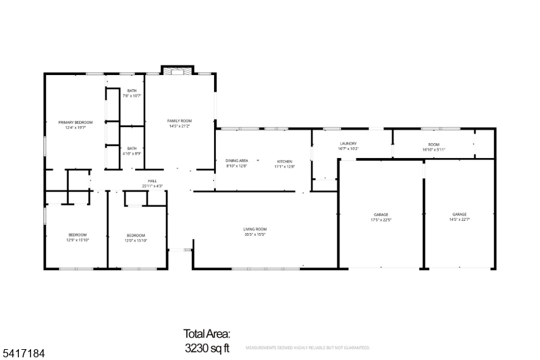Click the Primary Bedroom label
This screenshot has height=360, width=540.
tap(78, 122)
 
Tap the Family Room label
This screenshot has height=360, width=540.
tap(180, 120)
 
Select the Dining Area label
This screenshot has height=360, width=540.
tap(236, 161)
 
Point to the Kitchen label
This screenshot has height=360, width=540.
tap(285, 161)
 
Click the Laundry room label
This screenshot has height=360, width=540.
tap(348, 144)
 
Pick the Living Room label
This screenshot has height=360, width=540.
tap(255, 229)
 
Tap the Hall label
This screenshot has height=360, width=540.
tap(153, 181)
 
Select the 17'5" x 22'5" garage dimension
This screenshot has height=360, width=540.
tap(381, 220)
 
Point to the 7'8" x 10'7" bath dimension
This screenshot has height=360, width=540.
tap(132, 96)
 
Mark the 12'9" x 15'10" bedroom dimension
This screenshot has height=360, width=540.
tap(78, 240)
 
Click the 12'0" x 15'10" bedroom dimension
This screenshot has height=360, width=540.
tap(136, 240)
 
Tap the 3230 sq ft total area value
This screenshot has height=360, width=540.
tap(207, 349)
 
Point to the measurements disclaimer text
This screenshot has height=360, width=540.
tap(307, 348)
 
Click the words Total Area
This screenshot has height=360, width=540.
tap(207, 334)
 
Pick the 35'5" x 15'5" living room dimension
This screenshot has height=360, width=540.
tap(255, 234)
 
